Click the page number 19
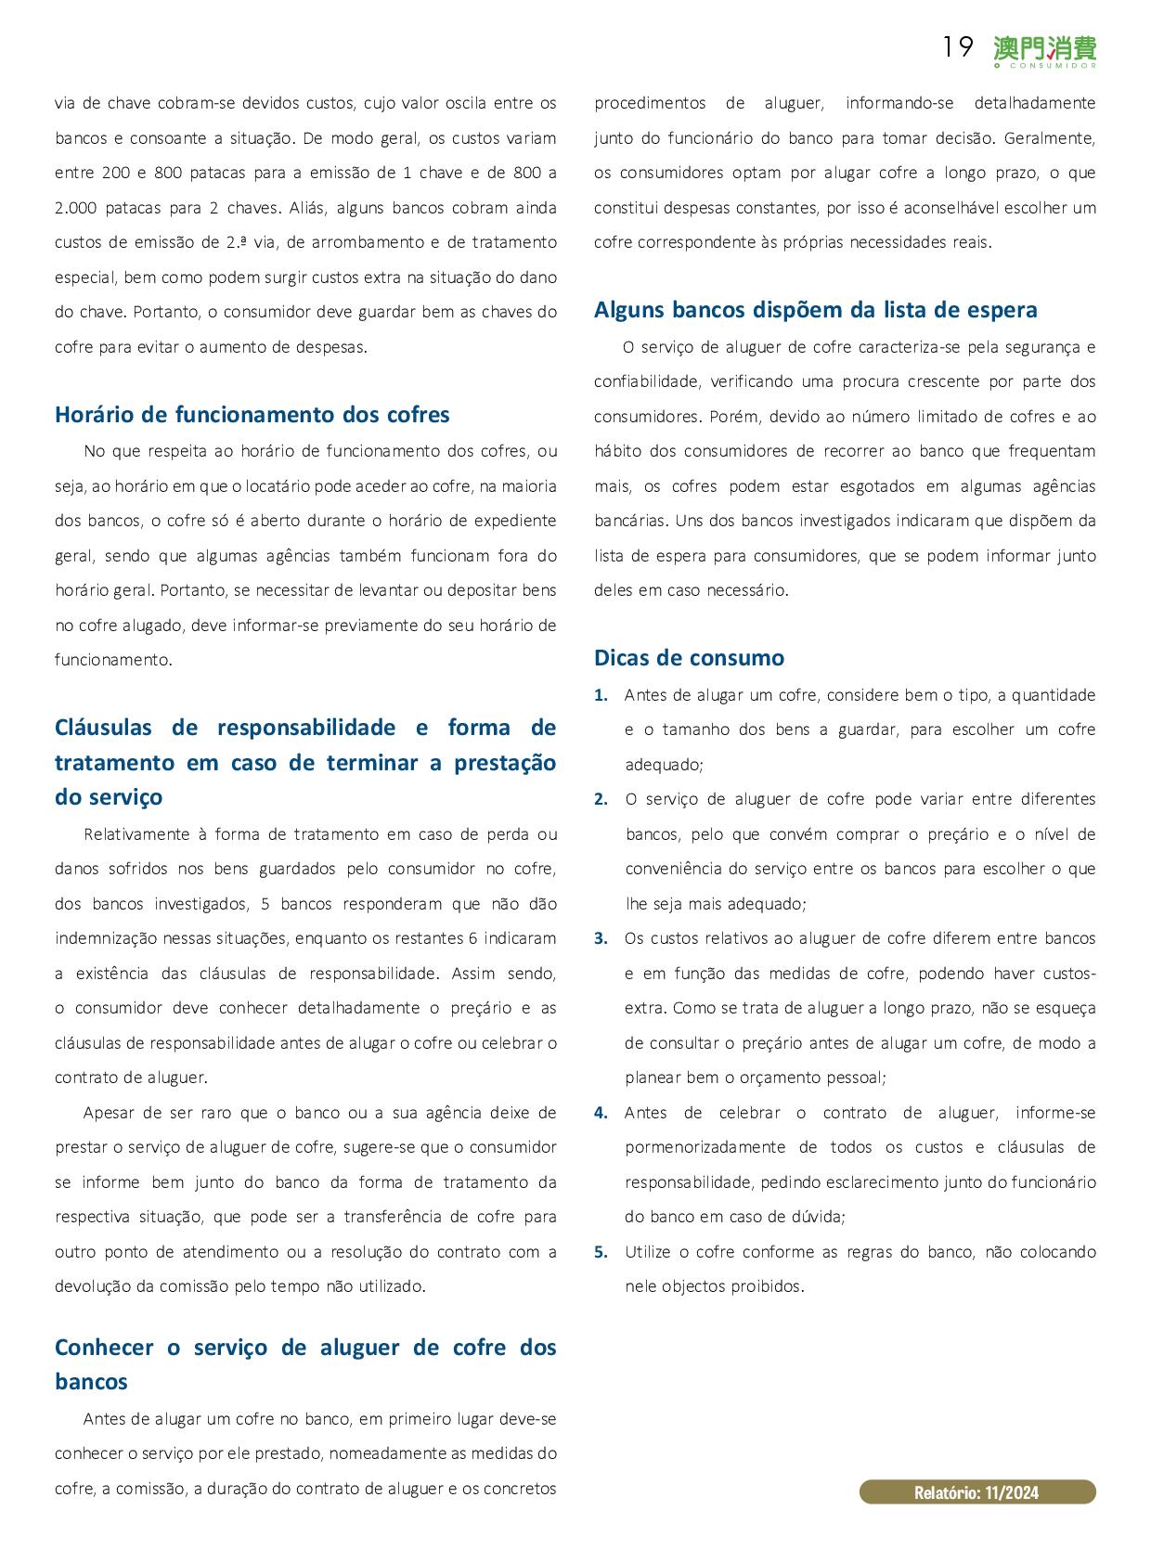[x=957, y=47]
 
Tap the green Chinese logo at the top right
[x=1044, y=51]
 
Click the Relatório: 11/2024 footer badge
[x=976, y=1492]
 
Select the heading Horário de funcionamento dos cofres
[x=252, y=414]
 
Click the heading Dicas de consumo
[x=689, y=658]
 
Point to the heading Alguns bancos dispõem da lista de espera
[x=815, y=310]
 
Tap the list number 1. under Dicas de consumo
[x=601, y=695]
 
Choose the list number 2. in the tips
[x=601, y=799]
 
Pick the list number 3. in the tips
[x=601, y=938]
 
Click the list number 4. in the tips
[x=601, y=1113]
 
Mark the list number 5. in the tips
[x=601, y=1252]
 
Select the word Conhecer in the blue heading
[x=104, y=1348]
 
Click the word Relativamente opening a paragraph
[x=136, y=834]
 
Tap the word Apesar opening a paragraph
[x=108, y=1113]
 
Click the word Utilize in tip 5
[x=647, y=1252]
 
